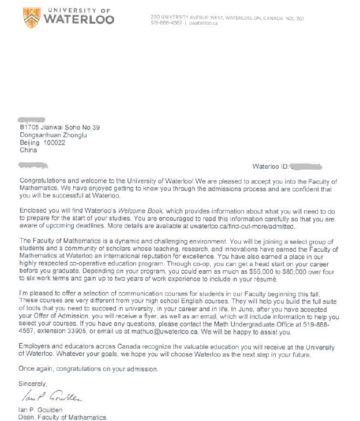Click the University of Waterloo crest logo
point(32,17)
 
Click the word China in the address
point(28,150)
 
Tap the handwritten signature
point(52,396)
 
